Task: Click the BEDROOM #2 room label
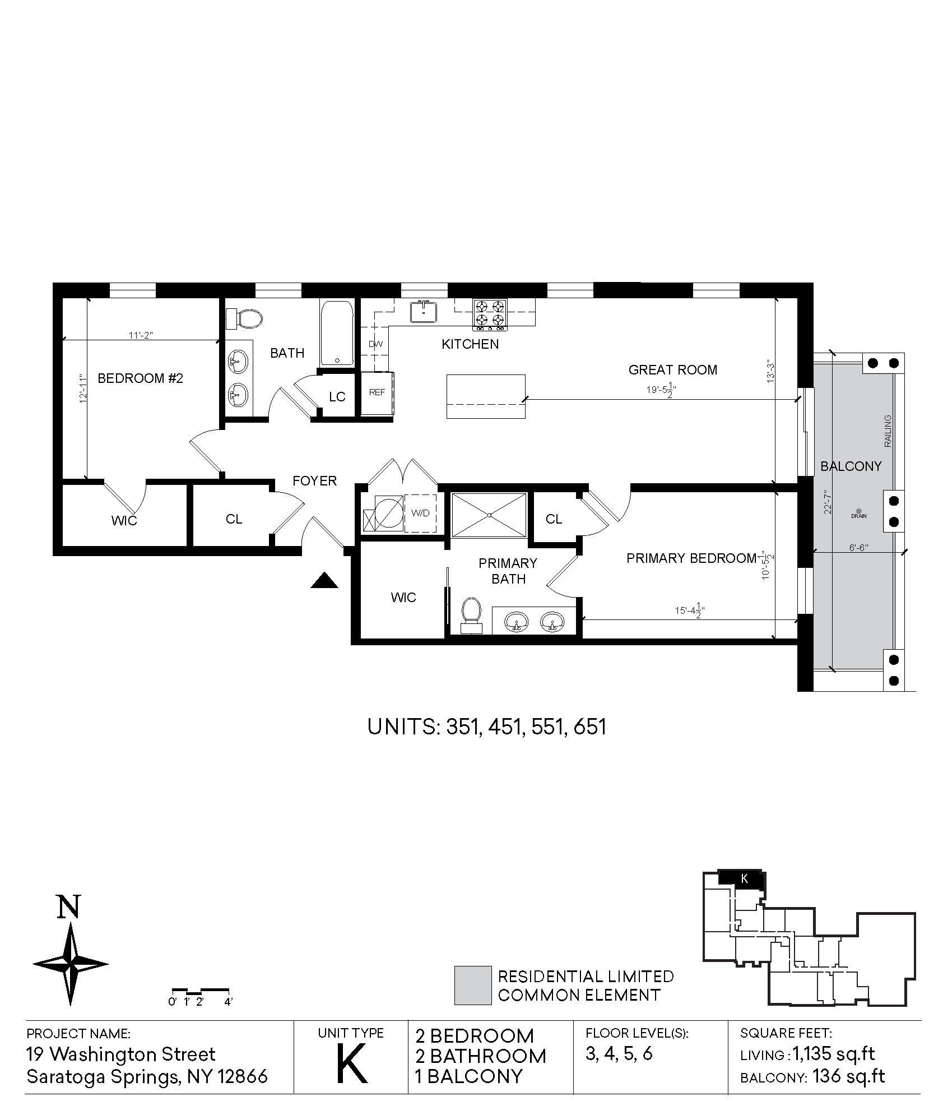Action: coord(140,378)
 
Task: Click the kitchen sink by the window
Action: coord(425,312)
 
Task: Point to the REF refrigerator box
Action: coord(377,392)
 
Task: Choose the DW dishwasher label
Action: coord(375,344)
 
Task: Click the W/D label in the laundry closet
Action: coord(420,512)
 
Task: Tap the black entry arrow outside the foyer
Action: coord(324,580)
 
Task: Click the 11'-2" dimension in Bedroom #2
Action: coord(141,335)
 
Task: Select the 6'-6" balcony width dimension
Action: coord(858,548)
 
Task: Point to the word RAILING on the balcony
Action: coord(887,431)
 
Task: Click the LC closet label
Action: coord(337,397)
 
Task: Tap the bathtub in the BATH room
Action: coord(337,334)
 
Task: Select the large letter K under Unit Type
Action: coord(351,1063)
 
